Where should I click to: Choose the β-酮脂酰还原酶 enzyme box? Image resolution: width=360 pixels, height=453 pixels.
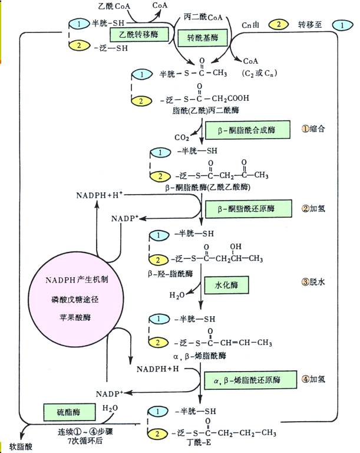point(247,208)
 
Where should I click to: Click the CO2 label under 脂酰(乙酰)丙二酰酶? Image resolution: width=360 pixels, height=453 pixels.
point(182,137)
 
